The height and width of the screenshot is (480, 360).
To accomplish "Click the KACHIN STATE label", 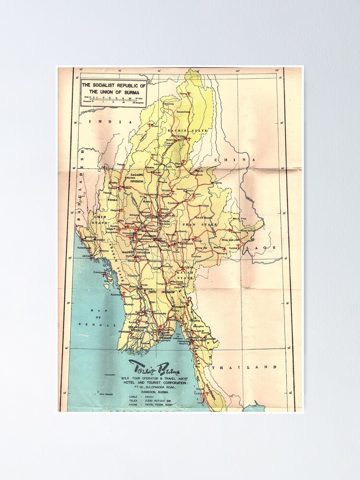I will [187, 131].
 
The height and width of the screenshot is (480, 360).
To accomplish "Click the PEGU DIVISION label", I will [161, 291].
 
